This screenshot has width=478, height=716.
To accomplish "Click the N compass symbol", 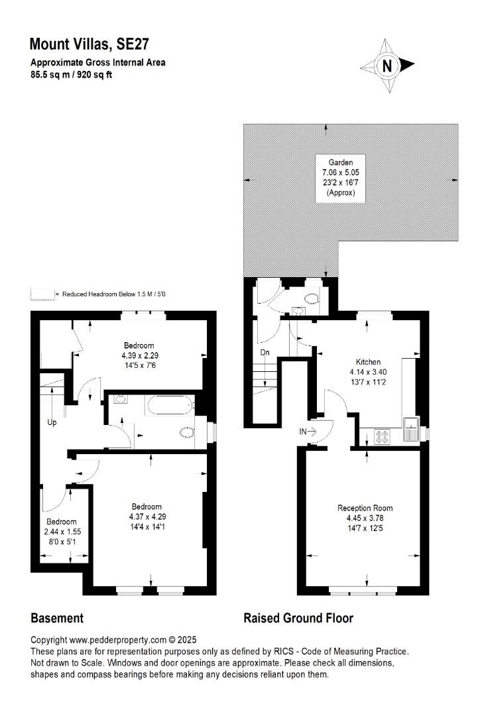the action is pyautogui.click(x=387, y=66).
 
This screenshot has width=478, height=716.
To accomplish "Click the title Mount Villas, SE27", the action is pyautogui.click(x=89, y=44).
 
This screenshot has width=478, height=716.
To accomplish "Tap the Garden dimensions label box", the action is pyautogui.click(x=341, y=178).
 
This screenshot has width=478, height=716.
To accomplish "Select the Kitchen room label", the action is pyautogui.click(x=368, y=362).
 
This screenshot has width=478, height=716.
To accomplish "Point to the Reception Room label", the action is pyautogui.click(x=365, y=508).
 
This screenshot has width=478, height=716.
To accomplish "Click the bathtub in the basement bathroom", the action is pyautogui.click(x=170, y=405).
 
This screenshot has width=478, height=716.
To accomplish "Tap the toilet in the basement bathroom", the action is pyautogui.click(x=187, y=432).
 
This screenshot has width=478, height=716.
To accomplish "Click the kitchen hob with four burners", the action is pyautogui.click(x=382, y=436).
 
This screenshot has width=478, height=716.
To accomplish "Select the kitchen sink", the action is pyautogui.click(x=411, y=429).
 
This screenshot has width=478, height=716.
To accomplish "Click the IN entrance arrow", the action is pyautogui.click(x=308, y=431).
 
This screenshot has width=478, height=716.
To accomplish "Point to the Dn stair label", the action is pyautogui.click(x=265, y=353).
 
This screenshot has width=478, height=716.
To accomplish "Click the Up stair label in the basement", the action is pyautogui.click(x=52, y=422).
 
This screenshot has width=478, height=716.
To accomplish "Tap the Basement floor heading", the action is pyautogui.click(x=57, y=619).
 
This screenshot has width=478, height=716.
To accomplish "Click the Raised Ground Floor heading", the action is pyautogui.click(x=298, y=619).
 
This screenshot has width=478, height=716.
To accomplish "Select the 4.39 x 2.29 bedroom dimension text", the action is pyautogui.click(x=140, y=355).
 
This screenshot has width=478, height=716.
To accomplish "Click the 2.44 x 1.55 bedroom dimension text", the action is pyautogui.click(x=62, y=532).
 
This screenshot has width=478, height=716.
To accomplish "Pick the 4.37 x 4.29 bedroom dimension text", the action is pyautogui.click(x=147, y=516).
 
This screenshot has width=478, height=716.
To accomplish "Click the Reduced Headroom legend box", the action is pyautogui.click(x=42, y=294).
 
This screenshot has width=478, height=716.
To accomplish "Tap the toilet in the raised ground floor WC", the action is pyautogui.click(x=312, y=298).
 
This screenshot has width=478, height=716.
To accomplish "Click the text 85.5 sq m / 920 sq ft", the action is pyautogui.click(x=71, y=75).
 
